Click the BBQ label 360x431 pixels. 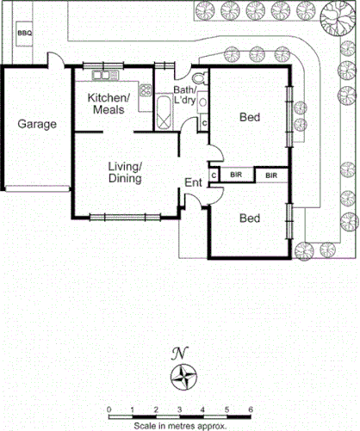24,34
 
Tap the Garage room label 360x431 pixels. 37,124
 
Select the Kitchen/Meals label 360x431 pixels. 109,103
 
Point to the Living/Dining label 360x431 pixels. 125,172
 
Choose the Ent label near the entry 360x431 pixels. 194,182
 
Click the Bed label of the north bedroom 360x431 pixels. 250,117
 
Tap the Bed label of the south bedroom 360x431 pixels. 249,219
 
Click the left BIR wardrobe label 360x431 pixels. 236,175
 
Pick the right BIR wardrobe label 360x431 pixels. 272,175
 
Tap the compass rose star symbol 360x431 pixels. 183,376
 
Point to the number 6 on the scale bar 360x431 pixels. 251,409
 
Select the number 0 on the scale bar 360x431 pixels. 109,409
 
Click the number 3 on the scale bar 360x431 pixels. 180,409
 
